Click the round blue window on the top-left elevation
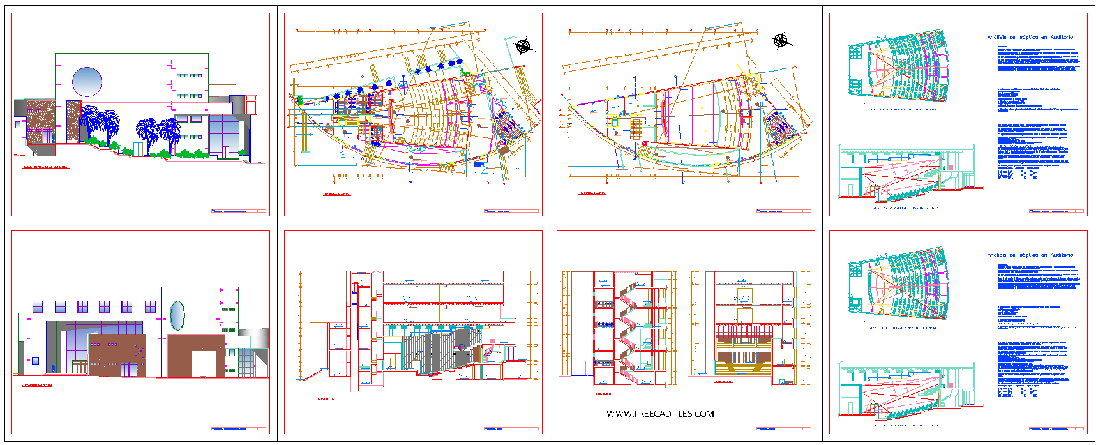point(87,82)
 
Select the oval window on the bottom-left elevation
point(177,315)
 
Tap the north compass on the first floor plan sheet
point(523,45)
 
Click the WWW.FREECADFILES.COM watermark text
point(660,414)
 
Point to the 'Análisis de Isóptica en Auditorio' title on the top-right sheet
point(1030,37)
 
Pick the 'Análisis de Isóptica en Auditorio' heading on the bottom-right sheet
point(1030,255)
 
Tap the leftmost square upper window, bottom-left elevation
point(37,307)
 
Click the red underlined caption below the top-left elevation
point(46,168)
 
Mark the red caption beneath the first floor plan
point(336,195)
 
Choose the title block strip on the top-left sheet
point(238,211)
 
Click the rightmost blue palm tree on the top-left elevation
point(170,135)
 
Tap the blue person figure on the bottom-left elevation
point(53,368)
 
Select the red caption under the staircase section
point(603,394)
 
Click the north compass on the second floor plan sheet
point(781,41)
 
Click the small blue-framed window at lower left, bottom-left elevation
point(35,361)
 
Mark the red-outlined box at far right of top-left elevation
point(252,105)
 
